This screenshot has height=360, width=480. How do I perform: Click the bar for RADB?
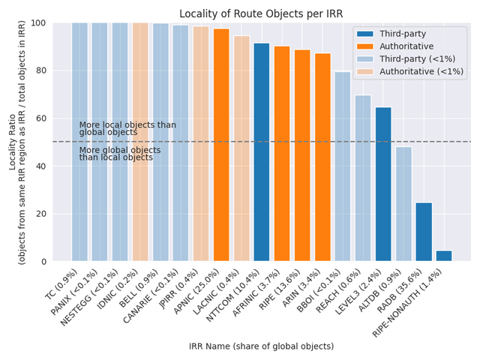[424, 232]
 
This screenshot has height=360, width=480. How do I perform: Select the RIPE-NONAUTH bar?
[444, 256]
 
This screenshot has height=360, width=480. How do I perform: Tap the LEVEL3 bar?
[383, 184]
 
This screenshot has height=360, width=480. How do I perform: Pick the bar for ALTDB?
[403, 204]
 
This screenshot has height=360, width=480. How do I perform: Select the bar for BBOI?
[343, 166]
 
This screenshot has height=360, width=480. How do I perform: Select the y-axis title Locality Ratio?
[16, 142]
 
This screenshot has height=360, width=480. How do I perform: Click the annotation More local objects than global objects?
[127, 129]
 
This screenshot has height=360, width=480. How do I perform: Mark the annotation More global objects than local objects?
[120, 154]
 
